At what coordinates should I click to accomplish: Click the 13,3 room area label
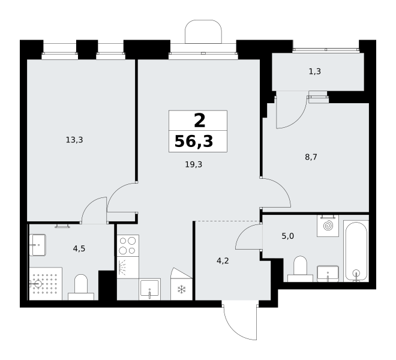tap(74, 140)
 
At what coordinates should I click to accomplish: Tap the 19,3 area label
tap(194, 165)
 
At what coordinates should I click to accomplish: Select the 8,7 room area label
tap(311, 157)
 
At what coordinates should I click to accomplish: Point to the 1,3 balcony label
tap(315, 71)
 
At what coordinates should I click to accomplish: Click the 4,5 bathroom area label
tap(79, 249)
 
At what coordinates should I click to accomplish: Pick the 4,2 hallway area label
tap(223, 260)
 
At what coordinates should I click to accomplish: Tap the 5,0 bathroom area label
tap(287, 236)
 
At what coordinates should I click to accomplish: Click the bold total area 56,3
tap(194, 141)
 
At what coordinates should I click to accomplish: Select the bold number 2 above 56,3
tap(200, 121)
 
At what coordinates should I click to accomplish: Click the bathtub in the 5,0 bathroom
tap(356, 251)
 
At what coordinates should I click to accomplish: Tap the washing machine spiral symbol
tap(328, 226)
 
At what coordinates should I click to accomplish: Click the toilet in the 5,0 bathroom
tap(300, 269)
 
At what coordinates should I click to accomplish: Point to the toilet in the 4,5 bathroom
tap(81, 287)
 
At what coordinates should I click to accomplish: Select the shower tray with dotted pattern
tap(46, 284)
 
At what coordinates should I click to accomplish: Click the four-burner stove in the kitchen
tap(128, 245)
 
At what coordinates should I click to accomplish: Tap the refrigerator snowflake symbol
tap(181, 290)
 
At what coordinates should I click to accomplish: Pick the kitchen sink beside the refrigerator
tap(150, 289)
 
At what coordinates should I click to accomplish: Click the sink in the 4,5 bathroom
tap(38, 245)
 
